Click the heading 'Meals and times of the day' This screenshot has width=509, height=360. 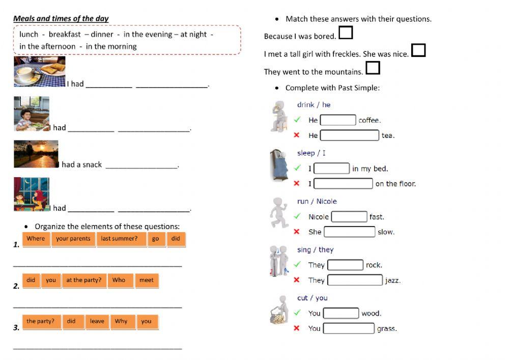[x=61, y=19]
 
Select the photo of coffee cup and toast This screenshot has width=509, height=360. [x=39, y=72]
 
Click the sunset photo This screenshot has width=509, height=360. [x=36, y=154]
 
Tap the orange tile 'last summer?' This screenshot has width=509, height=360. [x=119, y=239]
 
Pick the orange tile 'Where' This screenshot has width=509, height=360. [x=36, y=239]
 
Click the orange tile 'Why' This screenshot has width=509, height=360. [x=121, y=321]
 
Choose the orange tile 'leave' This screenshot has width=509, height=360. [x=97, y=321]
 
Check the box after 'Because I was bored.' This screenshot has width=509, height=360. [x=346, y=33]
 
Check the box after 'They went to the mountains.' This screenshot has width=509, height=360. [x=373, y=68]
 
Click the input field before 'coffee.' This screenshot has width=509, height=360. [x=338, y=120]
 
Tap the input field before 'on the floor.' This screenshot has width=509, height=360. [x=343, y=183]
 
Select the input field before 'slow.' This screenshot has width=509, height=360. [x=349, y=232]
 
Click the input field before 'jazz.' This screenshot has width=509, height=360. [x=355, y=280]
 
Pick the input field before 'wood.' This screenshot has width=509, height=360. [x=341, y=313]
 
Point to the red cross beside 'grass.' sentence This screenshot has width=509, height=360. [x=297, y=328]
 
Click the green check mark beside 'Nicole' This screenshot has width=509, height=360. [x=297, y=216]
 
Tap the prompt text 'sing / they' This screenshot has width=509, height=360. [x=315, y=250]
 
